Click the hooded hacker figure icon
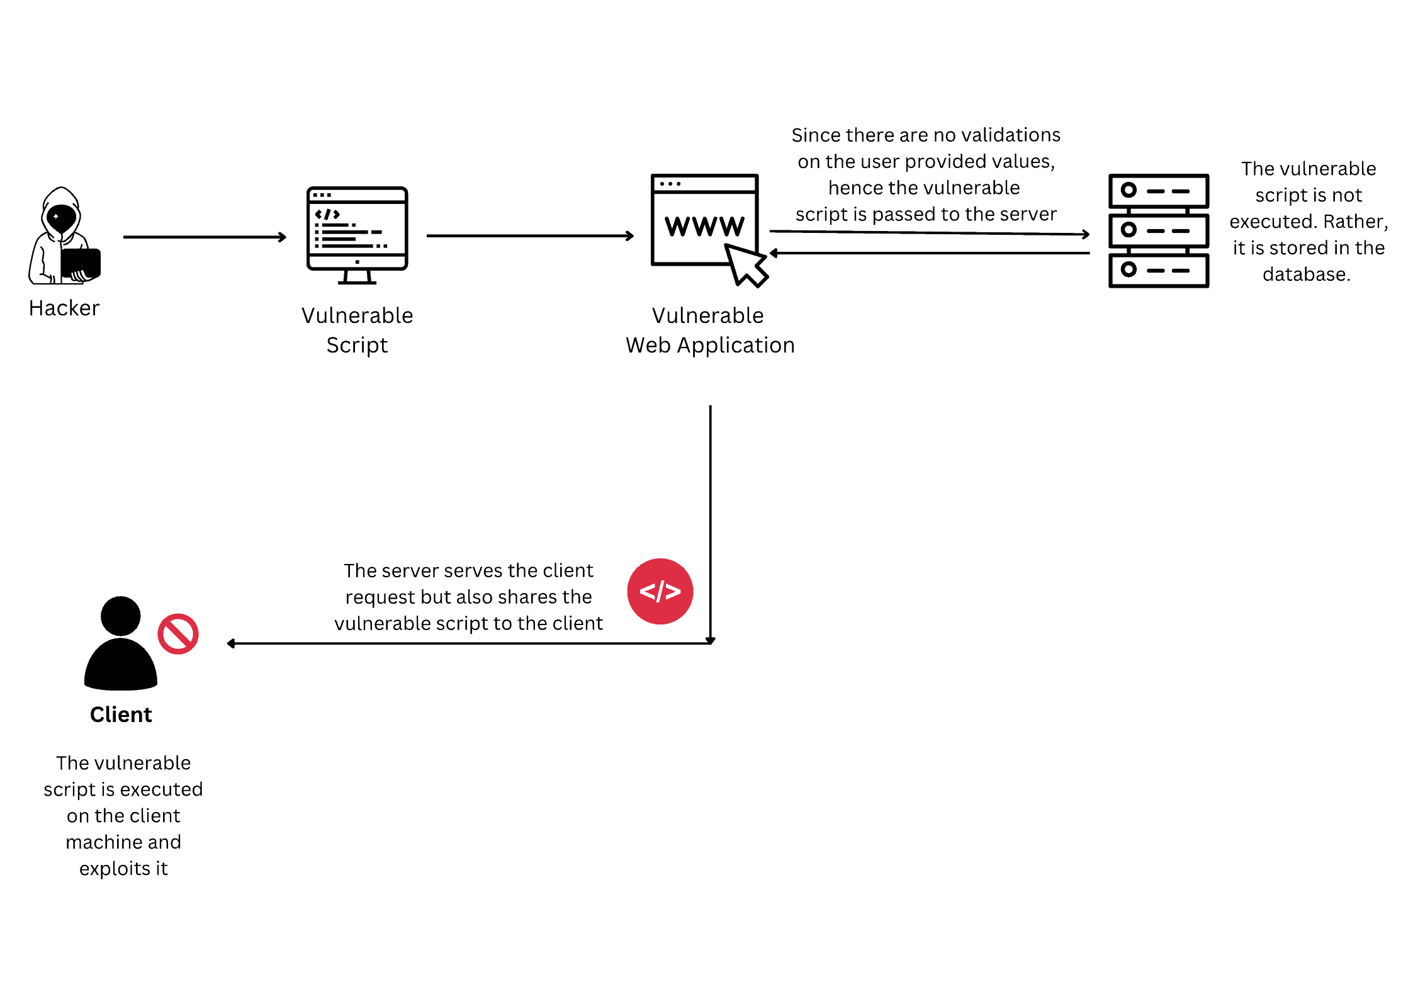(63, 236)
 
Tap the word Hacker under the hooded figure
(64, 308)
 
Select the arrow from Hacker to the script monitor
(205, 237)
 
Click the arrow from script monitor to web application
(530, 236)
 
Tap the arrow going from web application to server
(929, 233)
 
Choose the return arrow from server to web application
(929, 253)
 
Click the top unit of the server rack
(1158, 191)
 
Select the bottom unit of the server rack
(1158, 271)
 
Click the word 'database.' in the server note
(1306, 274)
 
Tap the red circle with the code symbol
(660, 591)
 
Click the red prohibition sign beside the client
(178, 634)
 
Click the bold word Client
(121, 714)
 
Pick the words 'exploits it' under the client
(123, 869)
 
